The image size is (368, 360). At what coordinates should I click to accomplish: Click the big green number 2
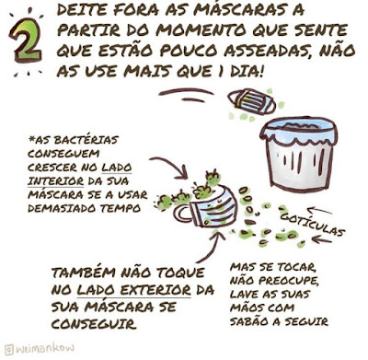[x=26, y=41]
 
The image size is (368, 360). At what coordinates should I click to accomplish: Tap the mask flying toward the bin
[x=251, y=101]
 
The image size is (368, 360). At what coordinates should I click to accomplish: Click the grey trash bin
[x=298, y=154]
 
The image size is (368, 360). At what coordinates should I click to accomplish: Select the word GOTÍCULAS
[x=313, y=225]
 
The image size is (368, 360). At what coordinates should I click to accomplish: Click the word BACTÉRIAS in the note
[x=76, y=140]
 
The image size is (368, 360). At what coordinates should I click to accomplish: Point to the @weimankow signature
[x=40, y=349]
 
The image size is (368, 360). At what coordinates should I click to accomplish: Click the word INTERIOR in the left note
[x=55, y=181]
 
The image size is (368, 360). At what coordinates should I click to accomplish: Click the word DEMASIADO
[x=62, y=208]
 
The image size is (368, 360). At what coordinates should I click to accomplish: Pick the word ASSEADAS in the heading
[x=269, y=51]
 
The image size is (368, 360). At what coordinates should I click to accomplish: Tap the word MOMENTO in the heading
[x=201, y=30]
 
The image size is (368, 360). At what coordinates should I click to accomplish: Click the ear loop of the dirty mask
[x=182, y=212]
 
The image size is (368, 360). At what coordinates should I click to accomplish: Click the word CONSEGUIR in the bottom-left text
[x=94, y=324]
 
